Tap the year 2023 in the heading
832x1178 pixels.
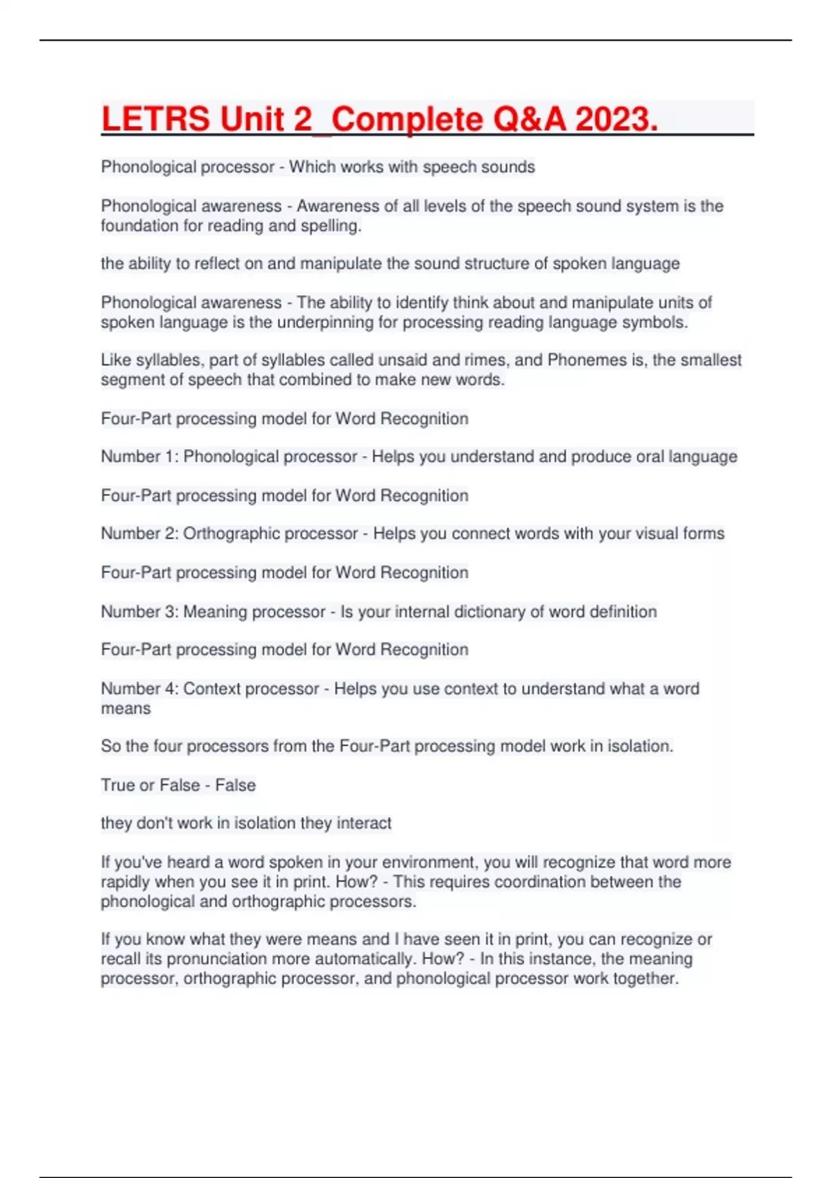click(x=616, y=119)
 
